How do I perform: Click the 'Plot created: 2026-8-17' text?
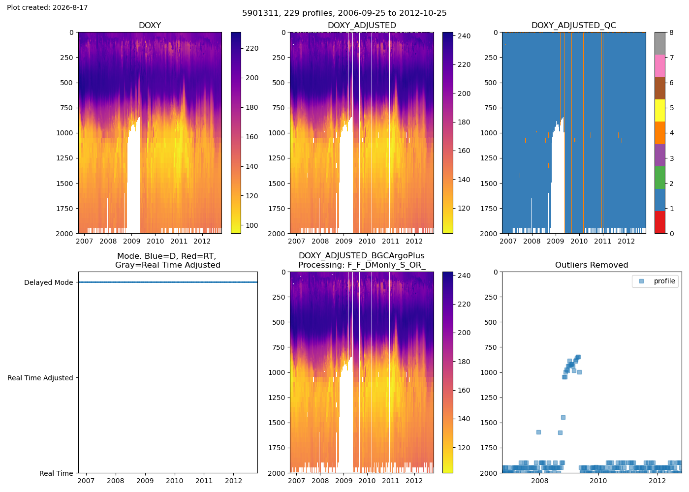pos(47,7)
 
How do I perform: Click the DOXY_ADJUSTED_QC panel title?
pos(574,25)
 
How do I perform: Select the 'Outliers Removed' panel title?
pos(592,265)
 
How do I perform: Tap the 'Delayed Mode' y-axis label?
pos(49,282)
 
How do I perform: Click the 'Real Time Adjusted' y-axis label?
pos(40,378)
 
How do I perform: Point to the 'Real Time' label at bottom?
pos(56,473)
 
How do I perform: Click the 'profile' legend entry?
pos(664,281)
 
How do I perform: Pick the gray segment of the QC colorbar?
pos(660,43)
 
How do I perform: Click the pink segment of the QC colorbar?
pos(660,66)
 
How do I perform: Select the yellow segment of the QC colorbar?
pos(660,110)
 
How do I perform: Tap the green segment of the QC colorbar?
pos(660,178)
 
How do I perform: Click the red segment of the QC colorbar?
pos(660,222)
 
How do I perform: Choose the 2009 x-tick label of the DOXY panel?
pos(132,241)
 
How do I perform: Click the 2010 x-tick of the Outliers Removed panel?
pos(598,481)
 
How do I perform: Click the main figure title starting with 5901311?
pos(344,13)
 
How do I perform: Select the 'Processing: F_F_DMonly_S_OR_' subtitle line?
pos(362,265)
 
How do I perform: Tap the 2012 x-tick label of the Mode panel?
pos(233,481)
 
